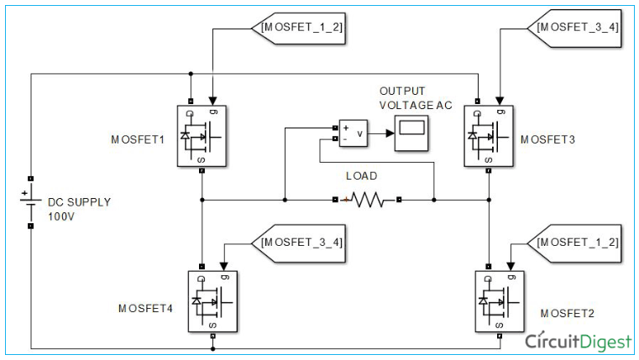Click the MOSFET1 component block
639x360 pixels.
[x=202, y=136]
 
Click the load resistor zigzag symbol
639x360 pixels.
[x=366, y=200]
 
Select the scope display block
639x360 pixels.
[x=411, y=132]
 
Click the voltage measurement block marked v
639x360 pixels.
[x=353, y=133]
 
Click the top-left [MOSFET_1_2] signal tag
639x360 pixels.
[x=298, y=27]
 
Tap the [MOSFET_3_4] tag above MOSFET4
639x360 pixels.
[x=298, y=242]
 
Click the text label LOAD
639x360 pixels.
[x=362, y=176]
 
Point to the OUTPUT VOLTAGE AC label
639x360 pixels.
[x=414, y=98]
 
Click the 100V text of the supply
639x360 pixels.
[x=60, y=216]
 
